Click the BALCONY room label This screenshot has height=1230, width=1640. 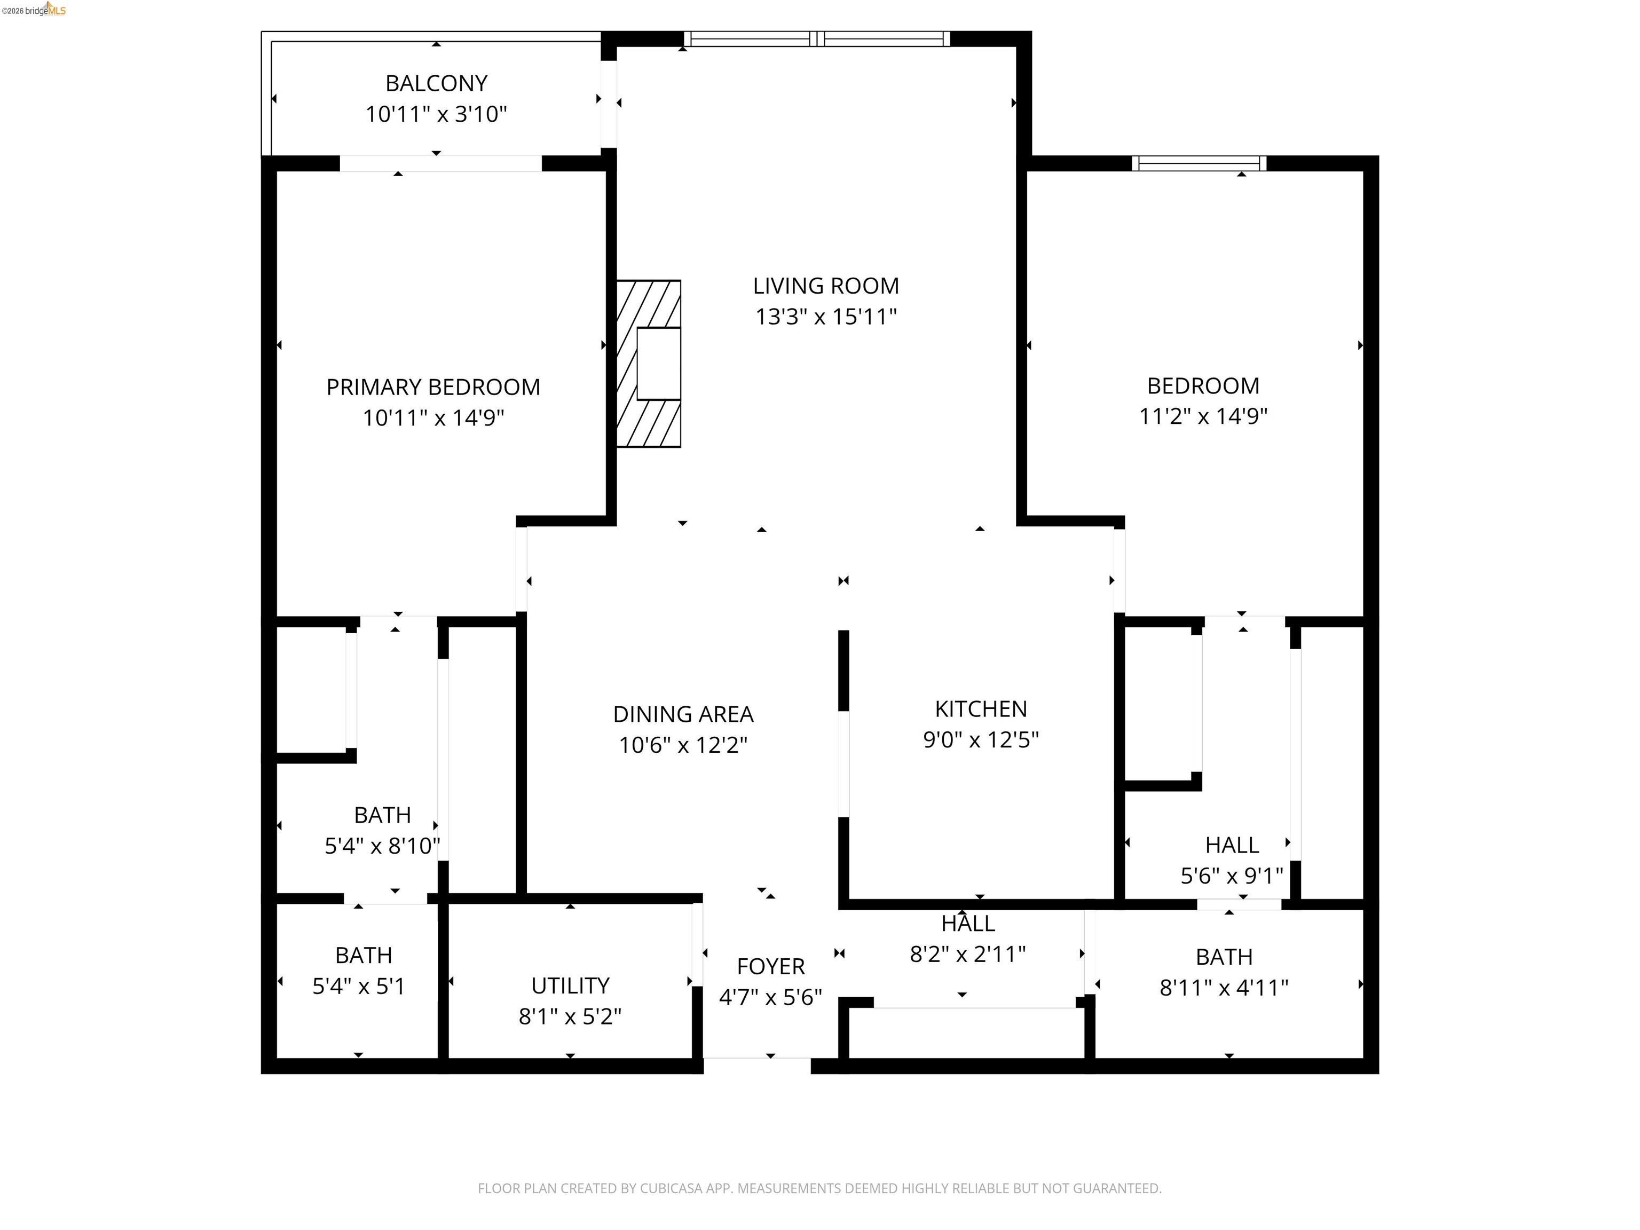[436, 83]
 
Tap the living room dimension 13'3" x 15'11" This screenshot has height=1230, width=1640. [826, 317]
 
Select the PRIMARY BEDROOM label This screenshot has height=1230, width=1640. [433, 387]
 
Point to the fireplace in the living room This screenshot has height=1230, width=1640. [649, 364]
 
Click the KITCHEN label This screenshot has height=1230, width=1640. [981, 709]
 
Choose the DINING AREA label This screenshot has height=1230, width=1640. [683, 714]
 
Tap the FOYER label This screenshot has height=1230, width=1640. [770, 966]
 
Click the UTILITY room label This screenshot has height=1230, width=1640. [570, 985]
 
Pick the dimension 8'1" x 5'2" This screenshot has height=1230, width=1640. [570, 1016]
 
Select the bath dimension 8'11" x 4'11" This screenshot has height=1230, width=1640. [1224, 988]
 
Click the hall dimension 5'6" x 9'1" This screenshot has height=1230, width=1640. [1232, 876]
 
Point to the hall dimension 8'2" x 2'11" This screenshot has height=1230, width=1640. [967, 953]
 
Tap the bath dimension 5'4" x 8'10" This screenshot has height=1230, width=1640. [383, 846]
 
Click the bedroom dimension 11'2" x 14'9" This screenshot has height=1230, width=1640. [1203, 416]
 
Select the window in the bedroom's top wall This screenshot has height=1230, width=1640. [1199, 163]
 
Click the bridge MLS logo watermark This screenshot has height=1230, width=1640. [34, 10]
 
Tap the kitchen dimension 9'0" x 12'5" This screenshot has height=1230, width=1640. [981, 740]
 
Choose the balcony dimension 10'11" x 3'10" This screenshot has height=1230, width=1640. [436, 114]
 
